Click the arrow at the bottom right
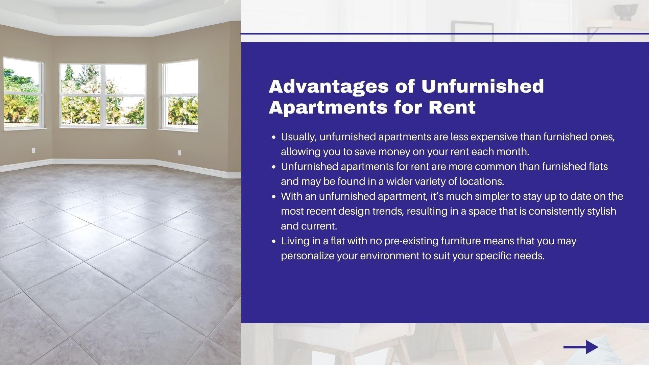581,347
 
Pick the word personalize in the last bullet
308,256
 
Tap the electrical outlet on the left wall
33,150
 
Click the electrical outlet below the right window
179,153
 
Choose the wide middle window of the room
103,95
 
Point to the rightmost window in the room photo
179,95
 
